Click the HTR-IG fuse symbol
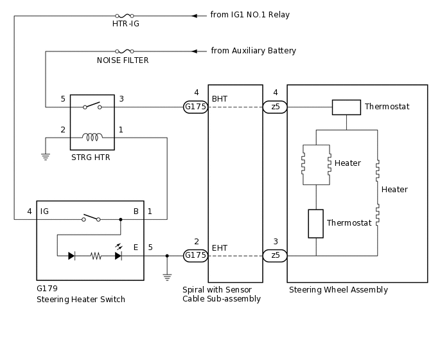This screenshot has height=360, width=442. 125,16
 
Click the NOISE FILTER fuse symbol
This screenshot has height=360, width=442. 125,51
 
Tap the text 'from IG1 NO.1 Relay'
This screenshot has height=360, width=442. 250,15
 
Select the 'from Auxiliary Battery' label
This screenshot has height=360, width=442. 253,51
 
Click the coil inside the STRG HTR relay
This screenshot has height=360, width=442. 93,137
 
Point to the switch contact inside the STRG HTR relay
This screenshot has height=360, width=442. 92,105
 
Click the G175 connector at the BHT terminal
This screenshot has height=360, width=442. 196,107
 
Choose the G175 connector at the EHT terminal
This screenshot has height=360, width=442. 196,256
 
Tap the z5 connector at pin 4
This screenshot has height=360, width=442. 275,107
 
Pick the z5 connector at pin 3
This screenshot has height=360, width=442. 275,256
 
